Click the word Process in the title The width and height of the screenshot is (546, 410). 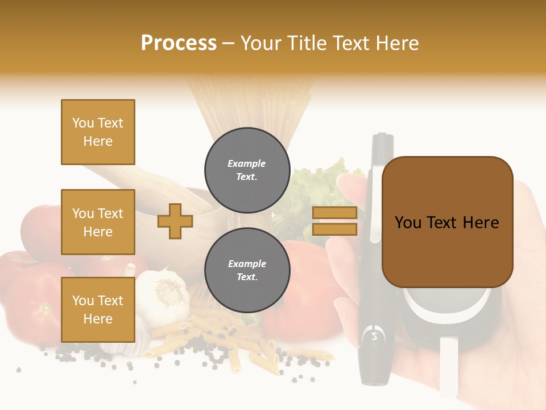click(179, 43)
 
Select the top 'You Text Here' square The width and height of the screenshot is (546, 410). click(98, 132)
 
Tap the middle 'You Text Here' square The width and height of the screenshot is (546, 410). click(98, 222)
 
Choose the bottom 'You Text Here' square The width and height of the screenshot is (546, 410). click(98, 309)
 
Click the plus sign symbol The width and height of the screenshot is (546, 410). click(175, 221)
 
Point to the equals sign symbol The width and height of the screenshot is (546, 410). click(334, 221)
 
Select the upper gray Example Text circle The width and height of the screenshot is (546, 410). click(247, 170)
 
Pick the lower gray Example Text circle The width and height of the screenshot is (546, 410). click(247, 270)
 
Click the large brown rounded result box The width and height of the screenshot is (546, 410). click(447, 222)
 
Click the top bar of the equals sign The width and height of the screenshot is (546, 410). click(334, 213)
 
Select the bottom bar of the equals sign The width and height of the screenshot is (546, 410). click(334, 229)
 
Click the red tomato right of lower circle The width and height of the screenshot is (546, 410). click(307, 285)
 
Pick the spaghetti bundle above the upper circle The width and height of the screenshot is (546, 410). click(250, 102)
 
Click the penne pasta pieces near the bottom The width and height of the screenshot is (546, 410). click(250, 353)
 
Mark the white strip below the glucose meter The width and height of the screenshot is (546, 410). click(448, 364)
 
